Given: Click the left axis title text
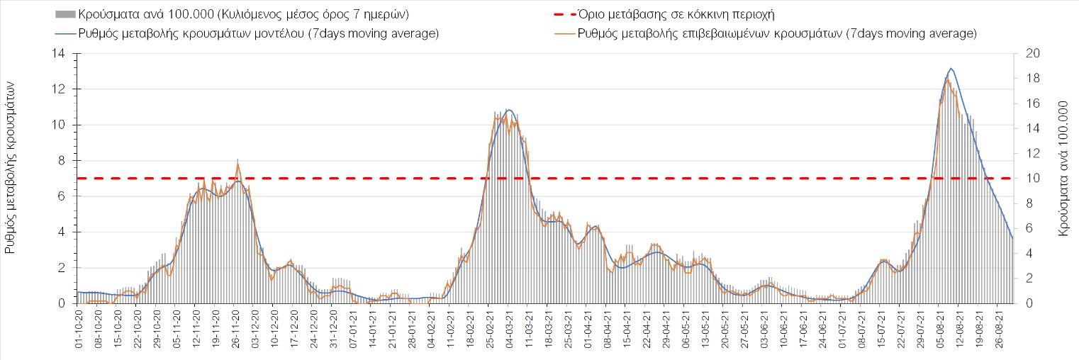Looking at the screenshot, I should [12, 167].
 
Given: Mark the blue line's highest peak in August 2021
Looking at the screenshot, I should [951, 69].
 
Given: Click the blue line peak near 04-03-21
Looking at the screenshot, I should [508, 110].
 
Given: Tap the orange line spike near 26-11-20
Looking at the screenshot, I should [237, 164].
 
